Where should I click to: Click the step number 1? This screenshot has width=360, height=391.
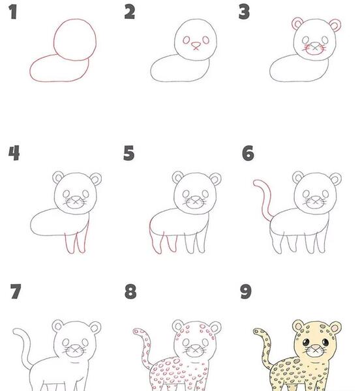click(13, 12)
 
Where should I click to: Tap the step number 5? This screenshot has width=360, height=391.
click(128, 153)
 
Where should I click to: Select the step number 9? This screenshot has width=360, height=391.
click(246, 291)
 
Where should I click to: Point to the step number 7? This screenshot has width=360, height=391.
click(16, 291)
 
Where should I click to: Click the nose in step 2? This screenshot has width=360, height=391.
click(196, 46)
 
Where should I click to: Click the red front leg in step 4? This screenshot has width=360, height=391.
click(86, 237)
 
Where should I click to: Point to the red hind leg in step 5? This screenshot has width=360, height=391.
click(151, 237)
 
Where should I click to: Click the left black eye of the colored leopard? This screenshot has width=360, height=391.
click(306, 342)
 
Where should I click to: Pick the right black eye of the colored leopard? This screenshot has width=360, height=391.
click(325, 341)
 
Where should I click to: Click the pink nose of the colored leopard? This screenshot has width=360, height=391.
click(316, 347)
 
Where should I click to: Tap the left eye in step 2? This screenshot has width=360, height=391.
click(187, 40)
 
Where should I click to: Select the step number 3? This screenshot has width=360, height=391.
click(244, 12)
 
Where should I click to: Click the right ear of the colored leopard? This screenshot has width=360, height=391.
click(335, 327)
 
